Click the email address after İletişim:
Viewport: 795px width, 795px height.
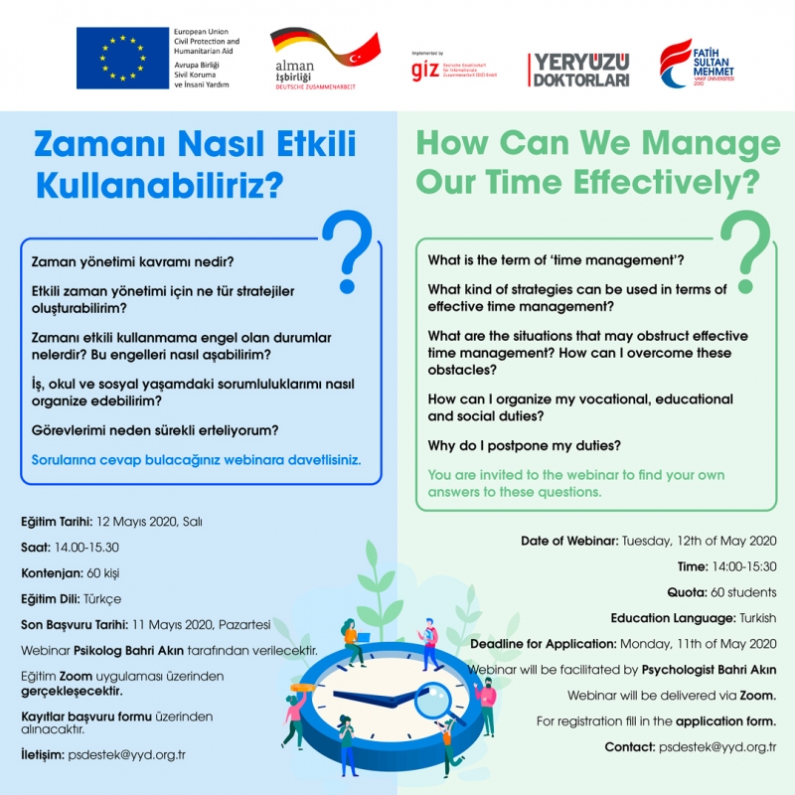coord(126,754)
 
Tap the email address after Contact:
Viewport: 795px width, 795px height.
coord(716,746)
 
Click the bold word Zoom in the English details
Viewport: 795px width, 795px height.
coord(756,695)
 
